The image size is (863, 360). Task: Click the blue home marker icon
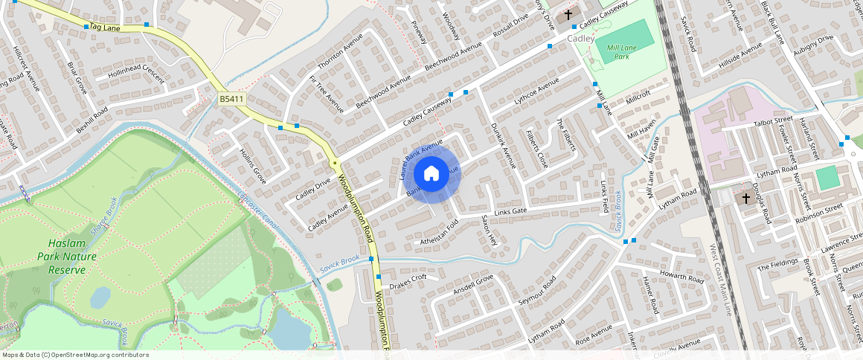pos(431,174)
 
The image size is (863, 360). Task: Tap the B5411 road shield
pos(231,99)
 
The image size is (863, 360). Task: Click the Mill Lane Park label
pos(618,51)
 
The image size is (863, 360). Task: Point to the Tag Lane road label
pos(100,28)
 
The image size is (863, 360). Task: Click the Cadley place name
pos(581,38)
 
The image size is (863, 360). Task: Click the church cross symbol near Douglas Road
pos(745,199)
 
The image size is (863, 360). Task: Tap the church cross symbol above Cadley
pos(568,15)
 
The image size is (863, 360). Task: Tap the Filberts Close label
pos(537,149)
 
